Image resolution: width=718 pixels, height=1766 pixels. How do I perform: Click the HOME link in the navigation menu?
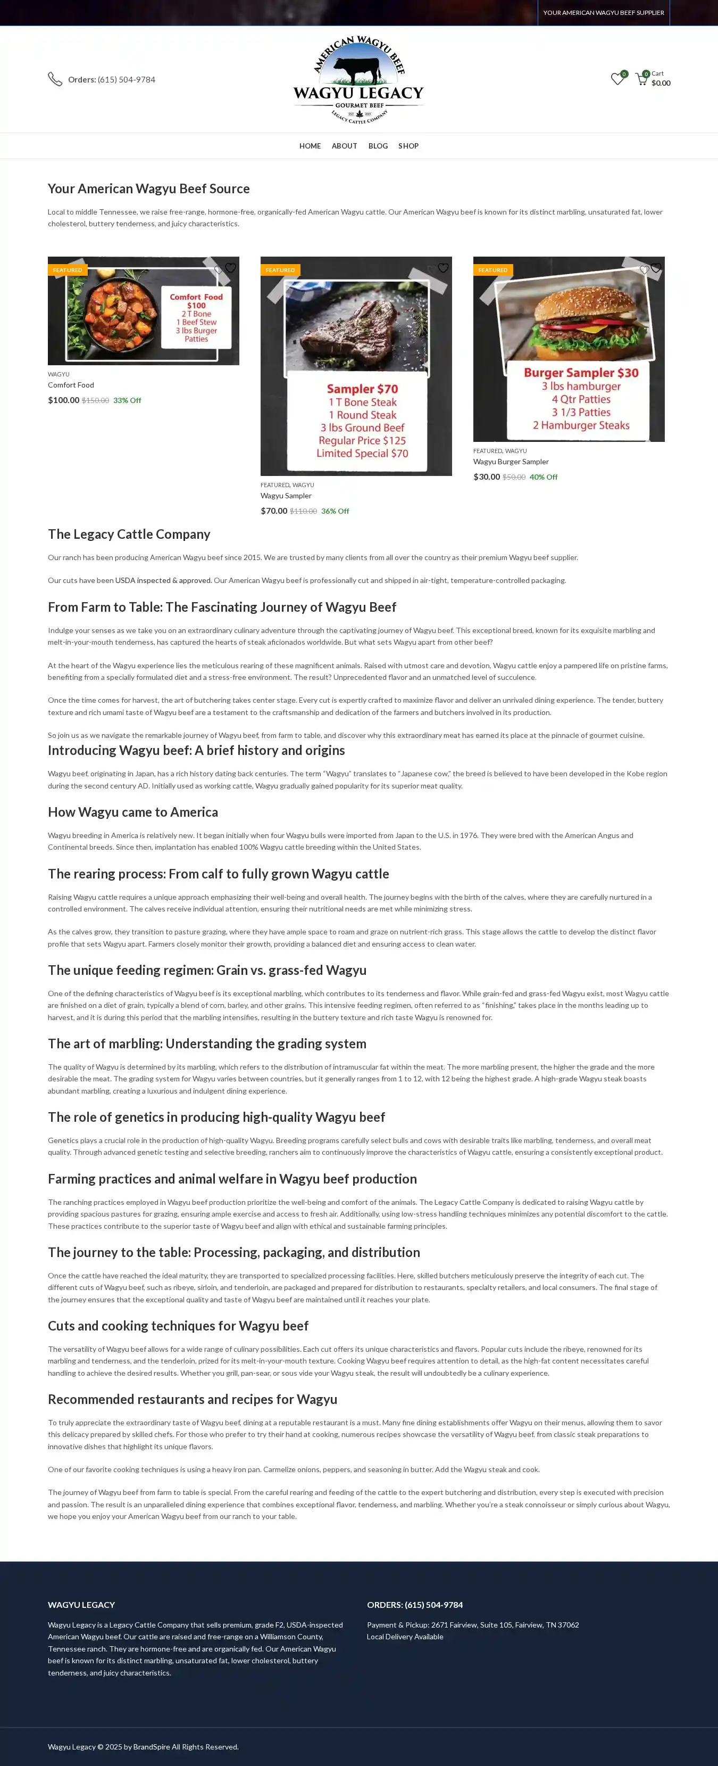coord(310,146)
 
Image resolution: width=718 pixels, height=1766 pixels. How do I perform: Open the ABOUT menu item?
coord(344,146)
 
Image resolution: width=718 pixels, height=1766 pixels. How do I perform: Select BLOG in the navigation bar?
coord(378,146)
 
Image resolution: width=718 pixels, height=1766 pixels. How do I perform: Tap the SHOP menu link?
coord(408,146)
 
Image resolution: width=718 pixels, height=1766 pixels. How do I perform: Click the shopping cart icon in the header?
coord(641,79)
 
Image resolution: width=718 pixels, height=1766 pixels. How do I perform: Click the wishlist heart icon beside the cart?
coord(616,79)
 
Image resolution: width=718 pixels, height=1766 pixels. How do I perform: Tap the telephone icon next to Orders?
coord(55,79)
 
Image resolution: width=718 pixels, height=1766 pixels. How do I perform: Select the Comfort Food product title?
coord(71,385)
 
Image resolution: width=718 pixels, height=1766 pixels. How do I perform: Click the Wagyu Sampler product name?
coord(286,496)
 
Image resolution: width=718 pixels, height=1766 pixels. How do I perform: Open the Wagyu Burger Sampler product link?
coord(511,462)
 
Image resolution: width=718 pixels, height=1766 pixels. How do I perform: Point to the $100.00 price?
coord(64,400)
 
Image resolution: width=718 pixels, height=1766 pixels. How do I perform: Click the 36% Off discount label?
coord(335,512)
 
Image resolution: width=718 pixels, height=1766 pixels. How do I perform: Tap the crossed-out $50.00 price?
coord(514,477)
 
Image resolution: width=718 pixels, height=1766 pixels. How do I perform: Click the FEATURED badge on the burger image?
coord(492,270)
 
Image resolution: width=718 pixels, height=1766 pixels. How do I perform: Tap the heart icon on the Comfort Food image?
coord(230,268)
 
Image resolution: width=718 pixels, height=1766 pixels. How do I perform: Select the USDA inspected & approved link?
coord(163,581)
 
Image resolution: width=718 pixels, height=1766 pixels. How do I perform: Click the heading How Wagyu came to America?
coord(133,812)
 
